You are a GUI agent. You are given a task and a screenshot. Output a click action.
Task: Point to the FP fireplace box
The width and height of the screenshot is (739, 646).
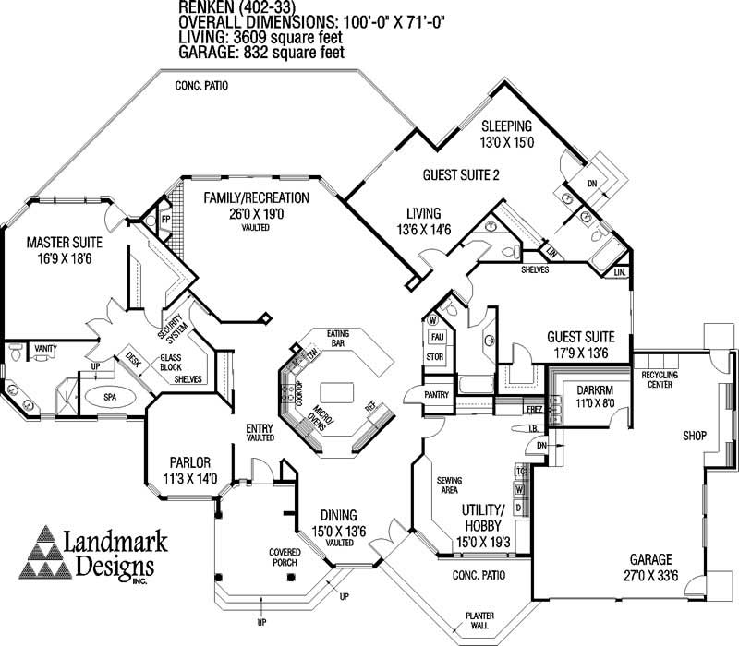[166, 221]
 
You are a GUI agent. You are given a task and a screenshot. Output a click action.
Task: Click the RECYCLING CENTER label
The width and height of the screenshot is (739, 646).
[659, 379]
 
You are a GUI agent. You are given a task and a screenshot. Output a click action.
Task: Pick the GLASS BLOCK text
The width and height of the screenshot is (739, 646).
[171, 362]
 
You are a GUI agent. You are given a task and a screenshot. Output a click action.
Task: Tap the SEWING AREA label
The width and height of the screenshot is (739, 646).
[450, 485]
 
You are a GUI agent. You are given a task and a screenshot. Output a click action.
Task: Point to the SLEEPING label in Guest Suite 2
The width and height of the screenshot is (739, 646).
[506, 126]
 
